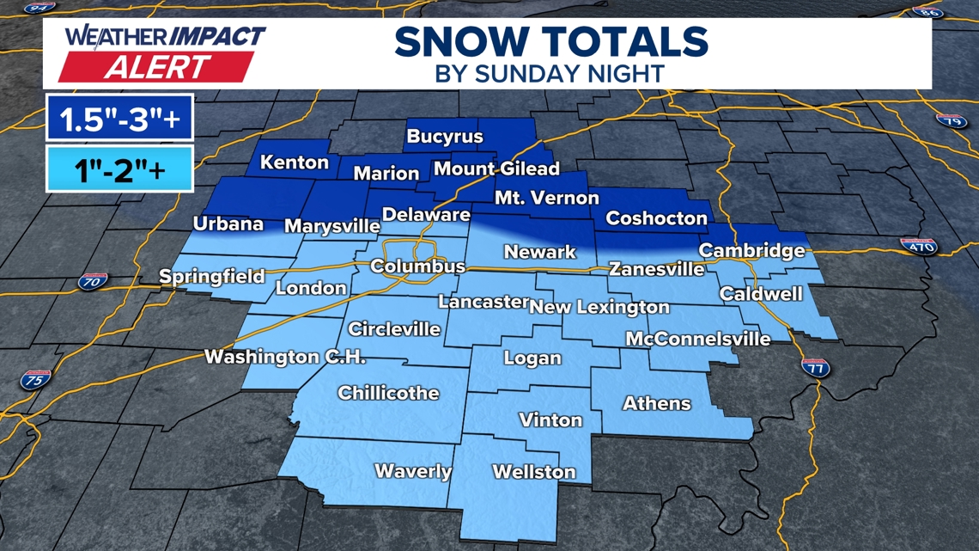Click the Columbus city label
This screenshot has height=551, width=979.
pyautogui.click(x=417, y=266)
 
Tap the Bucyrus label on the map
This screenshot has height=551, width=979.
pyautogui.click(x=445, y=137)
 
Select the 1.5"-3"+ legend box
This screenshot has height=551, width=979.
pyautogui.click(x=119, y=118)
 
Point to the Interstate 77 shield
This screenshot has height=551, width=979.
pyautogui.click(x=815, y=367)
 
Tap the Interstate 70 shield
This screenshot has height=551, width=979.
pyautogui.click(x=92, y=281)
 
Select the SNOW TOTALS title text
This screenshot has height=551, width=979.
pyautogui.click(x=551, y=41)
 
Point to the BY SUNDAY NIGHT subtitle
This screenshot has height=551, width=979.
pyautogui.click(x=550, y=73)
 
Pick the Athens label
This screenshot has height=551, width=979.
pyautogui.click(x=657, y=402)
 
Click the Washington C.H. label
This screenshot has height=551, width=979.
pyautogui.click(x=285, y=357)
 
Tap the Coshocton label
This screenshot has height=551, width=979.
pyautogui.click(x=656, y=218)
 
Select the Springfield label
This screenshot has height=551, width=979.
pyautogui.click(x=212, y=277)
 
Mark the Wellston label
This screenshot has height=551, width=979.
pyautogui.click(x=534, y=472)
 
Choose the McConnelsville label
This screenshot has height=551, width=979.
pyautogui.click(x=697, y=339)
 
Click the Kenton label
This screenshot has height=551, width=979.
pyautogui.click(x=295, y=162)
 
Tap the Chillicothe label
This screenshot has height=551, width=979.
pyautogui.click(x=388, y=393)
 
